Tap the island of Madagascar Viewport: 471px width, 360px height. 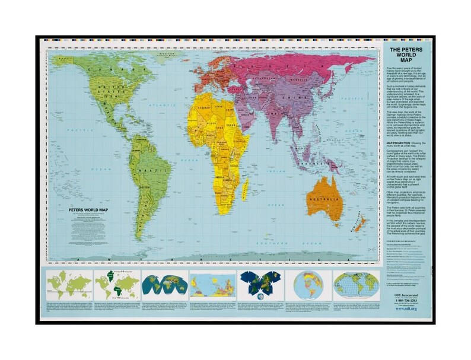coord(245,189)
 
